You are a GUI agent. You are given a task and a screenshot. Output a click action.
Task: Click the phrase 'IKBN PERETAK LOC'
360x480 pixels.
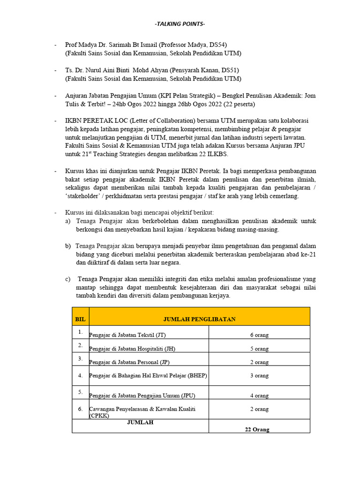pos(94,120)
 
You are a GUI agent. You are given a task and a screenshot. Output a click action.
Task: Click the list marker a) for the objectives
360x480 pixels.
pos(68,221)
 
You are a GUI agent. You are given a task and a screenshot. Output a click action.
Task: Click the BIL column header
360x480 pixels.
pos(80,319)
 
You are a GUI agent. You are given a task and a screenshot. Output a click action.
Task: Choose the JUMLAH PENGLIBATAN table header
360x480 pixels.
pos(199,319)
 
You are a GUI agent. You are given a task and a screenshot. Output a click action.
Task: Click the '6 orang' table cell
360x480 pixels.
pos(259,335)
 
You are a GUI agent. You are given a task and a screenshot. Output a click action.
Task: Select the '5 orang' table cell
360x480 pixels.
pos(259,349)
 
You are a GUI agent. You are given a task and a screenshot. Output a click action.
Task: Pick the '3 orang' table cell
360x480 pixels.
pos(259,375)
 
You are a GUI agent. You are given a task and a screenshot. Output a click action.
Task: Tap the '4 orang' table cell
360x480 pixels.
pos(259,396)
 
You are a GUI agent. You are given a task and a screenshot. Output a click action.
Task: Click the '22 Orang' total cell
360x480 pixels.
pos(257,429)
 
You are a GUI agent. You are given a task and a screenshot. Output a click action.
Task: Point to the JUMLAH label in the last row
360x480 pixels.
pos(140,422)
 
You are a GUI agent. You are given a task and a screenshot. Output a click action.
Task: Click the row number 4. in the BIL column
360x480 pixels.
pos(80,375)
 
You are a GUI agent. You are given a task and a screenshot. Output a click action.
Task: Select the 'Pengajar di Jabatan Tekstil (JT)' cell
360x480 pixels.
pos(127,335)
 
